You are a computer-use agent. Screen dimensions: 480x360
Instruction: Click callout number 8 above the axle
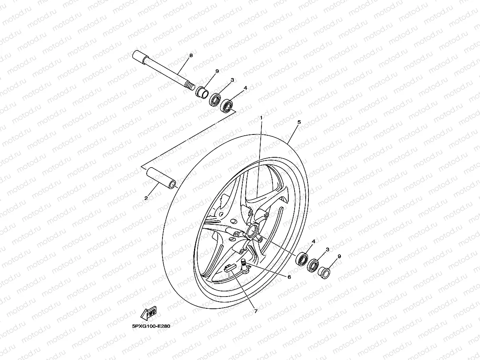[191, 56]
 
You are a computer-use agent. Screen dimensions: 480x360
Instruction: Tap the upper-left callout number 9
[217, 71]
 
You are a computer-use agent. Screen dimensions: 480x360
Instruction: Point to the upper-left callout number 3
[232, 80]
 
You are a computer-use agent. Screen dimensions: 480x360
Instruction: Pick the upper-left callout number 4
[245, 88]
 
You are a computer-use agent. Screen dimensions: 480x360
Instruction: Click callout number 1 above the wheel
[261, 118]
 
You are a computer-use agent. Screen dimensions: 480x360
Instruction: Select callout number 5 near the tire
[299, 122]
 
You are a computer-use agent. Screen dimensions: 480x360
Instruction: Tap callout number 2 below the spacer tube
[146, 198]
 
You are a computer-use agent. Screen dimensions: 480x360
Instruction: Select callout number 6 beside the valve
[289, 277]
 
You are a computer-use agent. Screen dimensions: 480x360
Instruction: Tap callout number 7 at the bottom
[256, 311]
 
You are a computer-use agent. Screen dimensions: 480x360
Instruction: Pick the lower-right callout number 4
[314, 241]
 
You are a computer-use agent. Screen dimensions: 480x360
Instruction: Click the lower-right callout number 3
[327, 250]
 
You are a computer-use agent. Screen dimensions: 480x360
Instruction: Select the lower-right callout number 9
[339, 256]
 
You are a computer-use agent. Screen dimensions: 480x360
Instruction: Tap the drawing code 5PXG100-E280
[151, 326]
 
